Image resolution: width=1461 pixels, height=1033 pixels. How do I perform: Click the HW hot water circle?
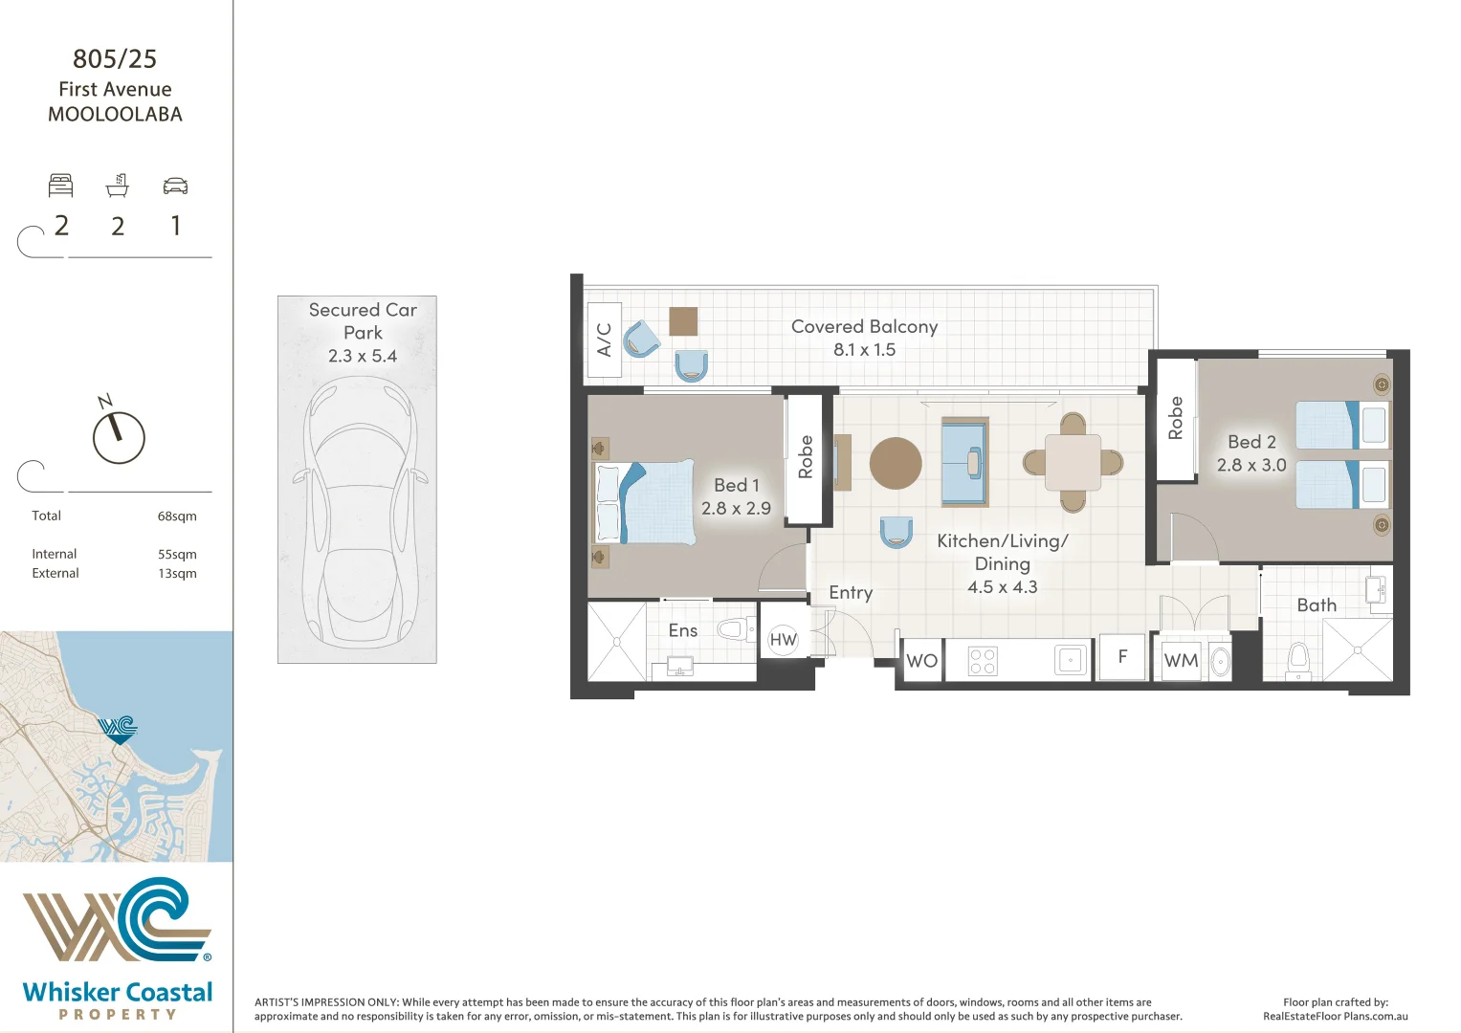(784, 640)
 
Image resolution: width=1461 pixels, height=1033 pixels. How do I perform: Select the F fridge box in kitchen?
(1122, 657)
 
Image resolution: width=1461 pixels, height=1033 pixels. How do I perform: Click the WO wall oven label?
(921, 661)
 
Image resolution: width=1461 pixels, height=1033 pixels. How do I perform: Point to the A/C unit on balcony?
(604, 340)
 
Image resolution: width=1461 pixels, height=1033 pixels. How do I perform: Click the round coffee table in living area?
(896, 463)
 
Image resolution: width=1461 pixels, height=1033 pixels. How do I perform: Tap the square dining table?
(1073, 462)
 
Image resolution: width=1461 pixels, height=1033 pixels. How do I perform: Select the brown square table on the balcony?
(683, 321)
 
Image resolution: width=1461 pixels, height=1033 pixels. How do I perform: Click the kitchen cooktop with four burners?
(983, 661)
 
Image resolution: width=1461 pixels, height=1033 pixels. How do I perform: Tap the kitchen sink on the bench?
(1071, 660)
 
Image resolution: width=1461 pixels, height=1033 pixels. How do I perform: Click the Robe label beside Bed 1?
(806, 456)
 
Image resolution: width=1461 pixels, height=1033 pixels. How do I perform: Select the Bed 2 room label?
(1251, 442)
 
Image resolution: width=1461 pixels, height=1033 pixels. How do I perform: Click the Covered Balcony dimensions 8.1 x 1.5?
(864, 349)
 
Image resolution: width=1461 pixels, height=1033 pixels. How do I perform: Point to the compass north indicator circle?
(119, 438)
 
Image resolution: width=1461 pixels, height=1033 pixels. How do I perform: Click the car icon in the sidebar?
(175, 186)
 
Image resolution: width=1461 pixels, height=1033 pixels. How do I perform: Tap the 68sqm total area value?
(177, 516)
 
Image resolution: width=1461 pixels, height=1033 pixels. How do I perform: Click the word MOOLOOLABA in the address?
(116, 114)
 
